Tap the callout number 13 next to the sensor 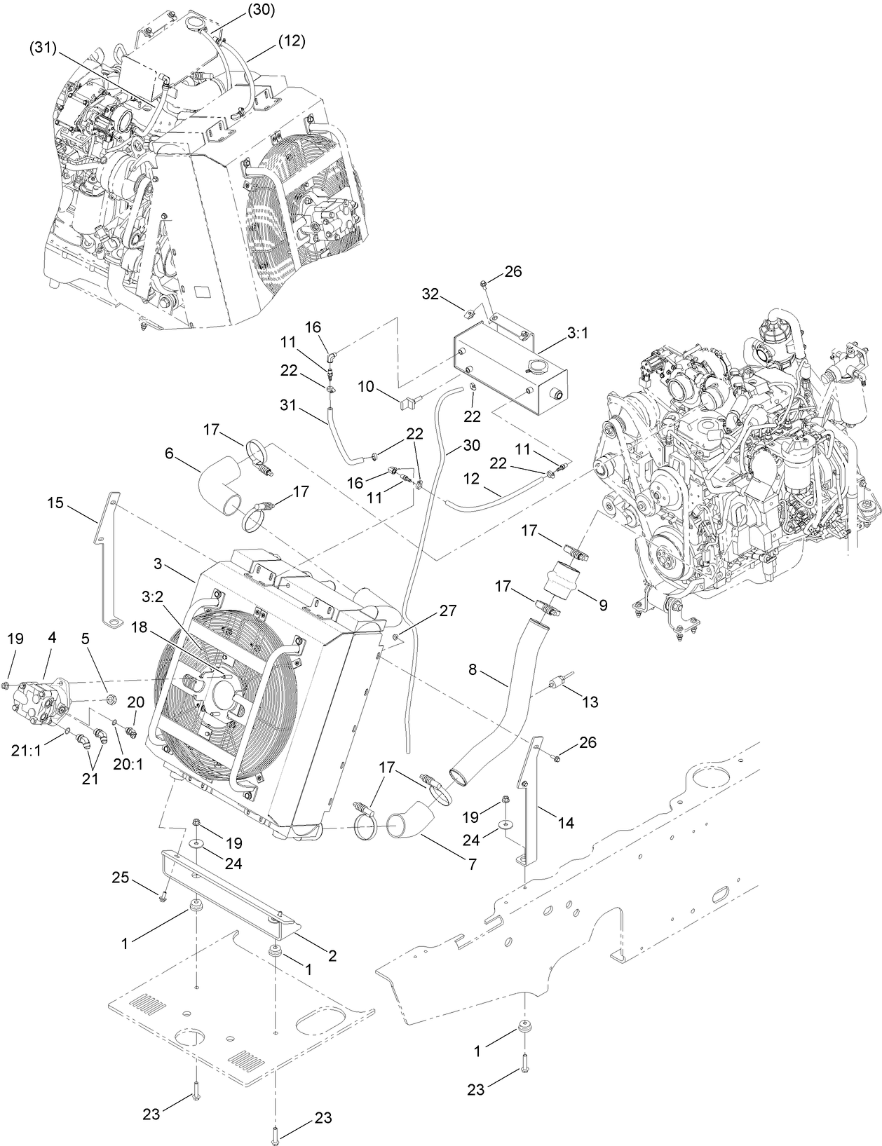[590, 701]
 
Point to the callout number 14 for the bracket [566, 823]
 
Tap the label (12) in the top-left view [291, 41]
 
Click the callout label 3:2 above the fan [152, 597]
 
